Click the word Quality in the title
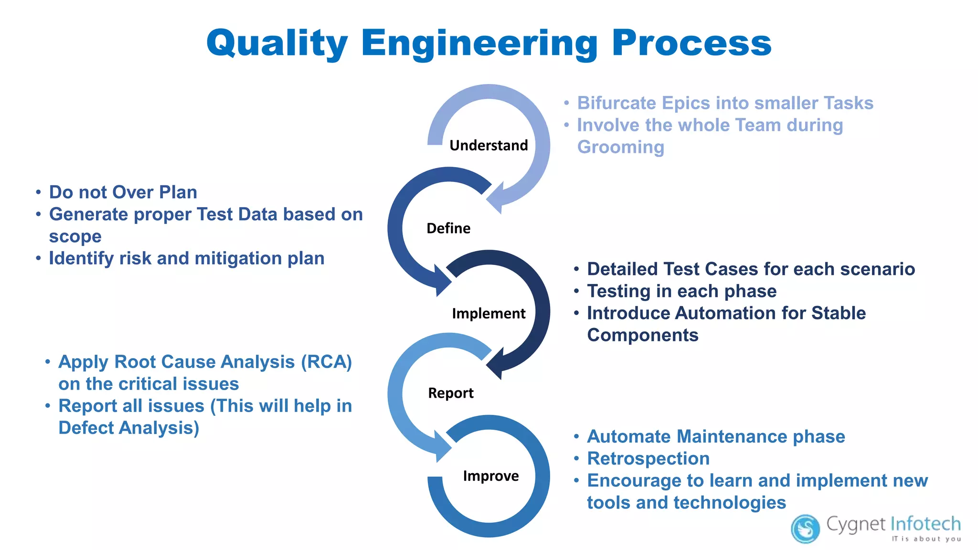[277, 43]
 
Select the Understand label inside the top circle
[489, 145]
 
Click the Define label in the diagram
[448, 228]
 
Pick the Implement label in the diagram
[488, 314]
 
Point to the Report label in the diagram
[450, 393]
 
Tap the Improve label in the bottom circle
[490, 476]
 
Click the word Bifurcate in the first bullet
[617, 103]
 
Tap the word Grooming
[620, 147]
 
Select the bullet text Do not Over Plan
[123, 192]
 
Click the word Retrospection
[648, 459]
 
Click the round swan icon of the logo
[805, 529]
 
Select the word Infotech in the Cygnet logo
[925, 524]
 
